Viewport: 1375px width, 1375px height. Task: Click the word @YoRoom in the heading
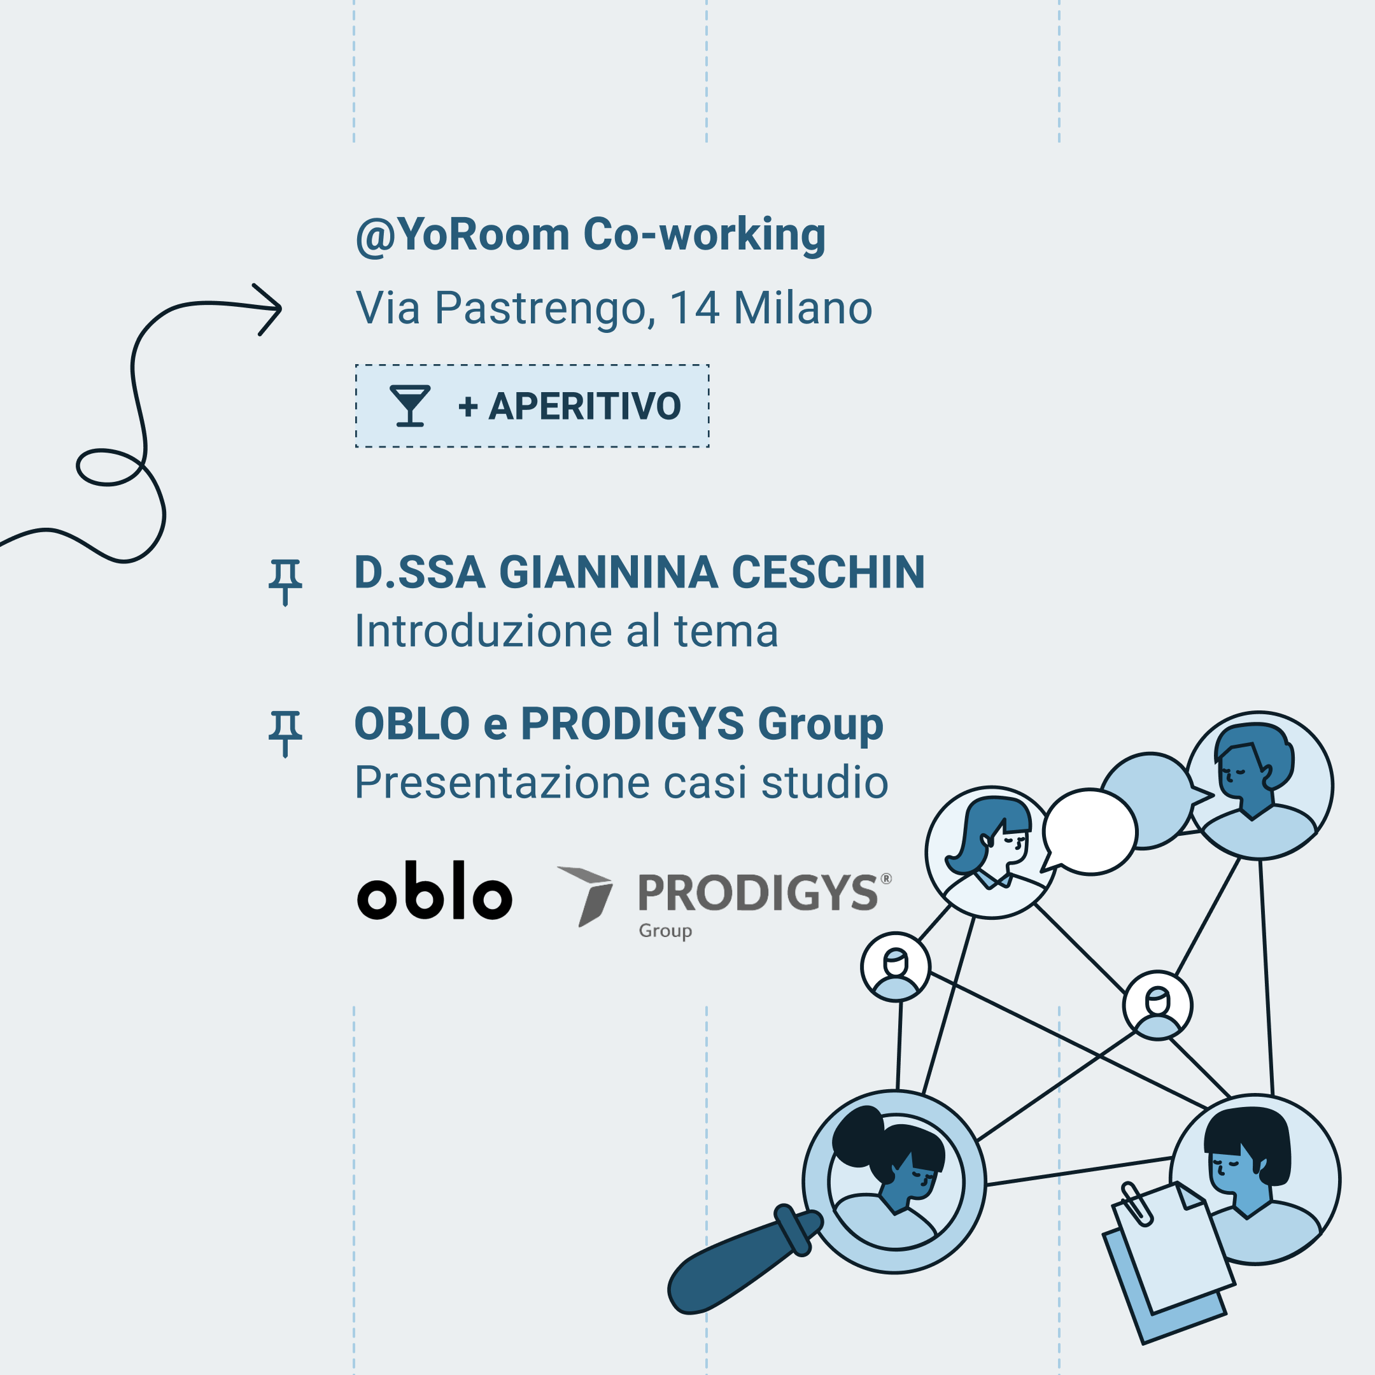click(x=463, y=235)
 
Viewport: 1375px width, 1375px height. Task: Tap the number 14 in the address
click(x=695, y=307)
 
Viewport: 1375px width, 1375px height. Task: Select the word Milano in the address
click(x=803, y=307)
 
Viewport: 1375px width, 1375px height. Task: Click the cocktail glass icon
click(x=410, y=405)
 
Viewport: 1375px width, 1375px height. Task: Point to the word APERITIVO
click(x=584, y=406)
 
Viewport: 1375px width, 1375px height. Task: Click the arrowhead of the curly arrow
click(x=269, y=309)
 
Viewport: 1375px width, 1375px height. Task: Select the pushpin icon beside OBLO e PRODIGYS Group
click(x=285, y=734)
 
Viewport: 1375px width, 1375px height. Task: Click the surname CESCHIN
click(x=828, y=572)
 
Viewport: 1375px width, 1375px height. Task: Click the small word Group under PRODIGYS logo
click(x=665, y=931)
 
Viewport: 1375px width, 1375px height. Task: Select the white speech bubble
click(x=1089, y=832)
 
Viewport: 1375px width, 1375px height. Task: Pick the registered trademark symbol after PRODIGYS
click(x=886, y=878)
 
